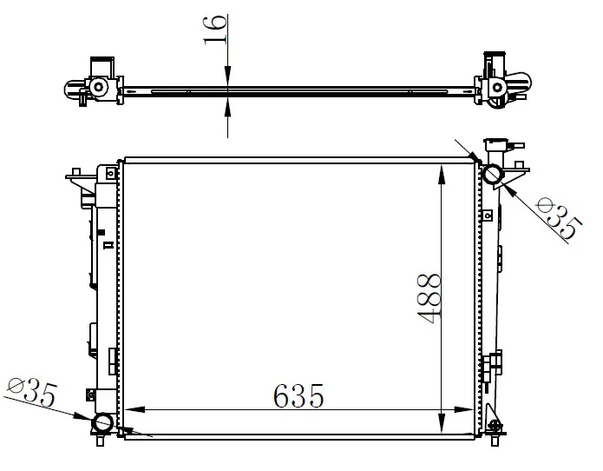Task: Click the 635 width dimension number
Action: tap(298, 395)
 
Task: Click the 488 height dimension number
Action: tap(429, 298)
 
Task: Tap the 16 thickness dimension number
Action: tap(214, 30)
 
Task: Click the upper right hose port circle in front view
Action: tap(493, 174)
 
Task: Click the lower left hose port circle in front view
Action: tap(102, 423)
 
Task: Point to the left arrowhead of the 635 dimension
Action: tap(134, 409)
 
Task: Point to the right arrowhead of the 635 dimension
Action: tap(464, 409)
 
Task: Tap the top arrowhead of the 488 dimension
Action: tap(442, 175)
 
